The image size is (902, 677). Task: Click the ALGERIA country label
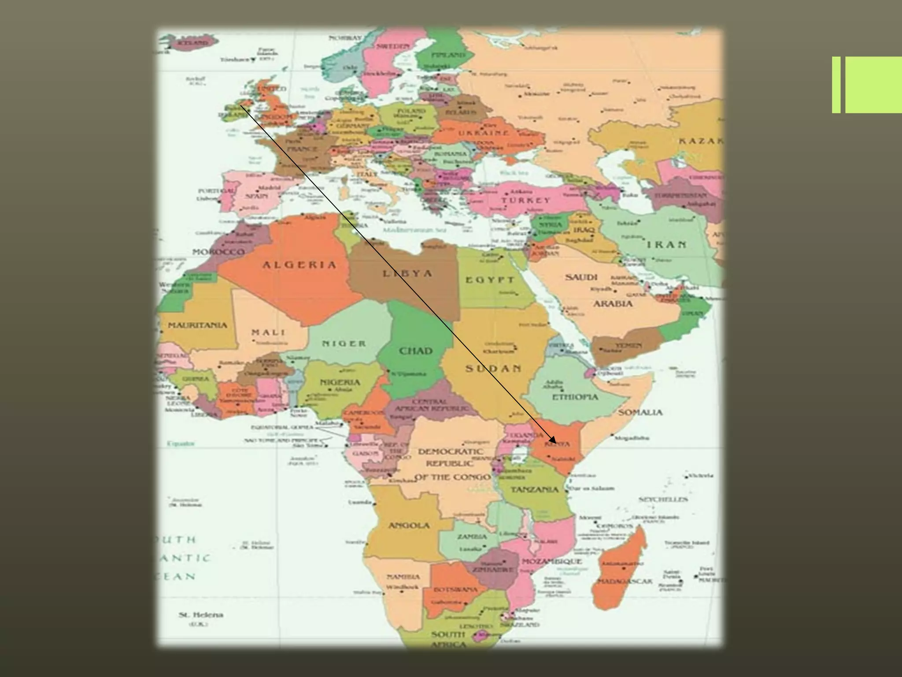(x=299, y=265)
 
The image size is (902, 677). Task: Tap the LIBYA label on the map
(x=407, y=274)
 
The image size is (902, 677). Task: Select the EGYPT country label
(x=490, y=280)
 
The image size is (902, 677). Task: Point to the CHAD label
(x=416, y=351)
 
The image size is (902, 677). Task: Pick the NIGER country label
(x=344, y=343)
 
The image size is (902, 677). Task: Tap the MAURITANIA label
(x=198, y=326)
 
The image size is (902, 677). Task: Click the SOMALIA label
(x=640, y=413)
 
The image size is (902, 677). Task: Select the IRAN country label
(x=666, y=245)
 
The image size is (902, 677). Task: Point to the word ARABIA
(x=613, y=304)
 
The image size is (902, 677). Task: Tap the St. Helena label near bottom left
(x=195, y=615)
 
